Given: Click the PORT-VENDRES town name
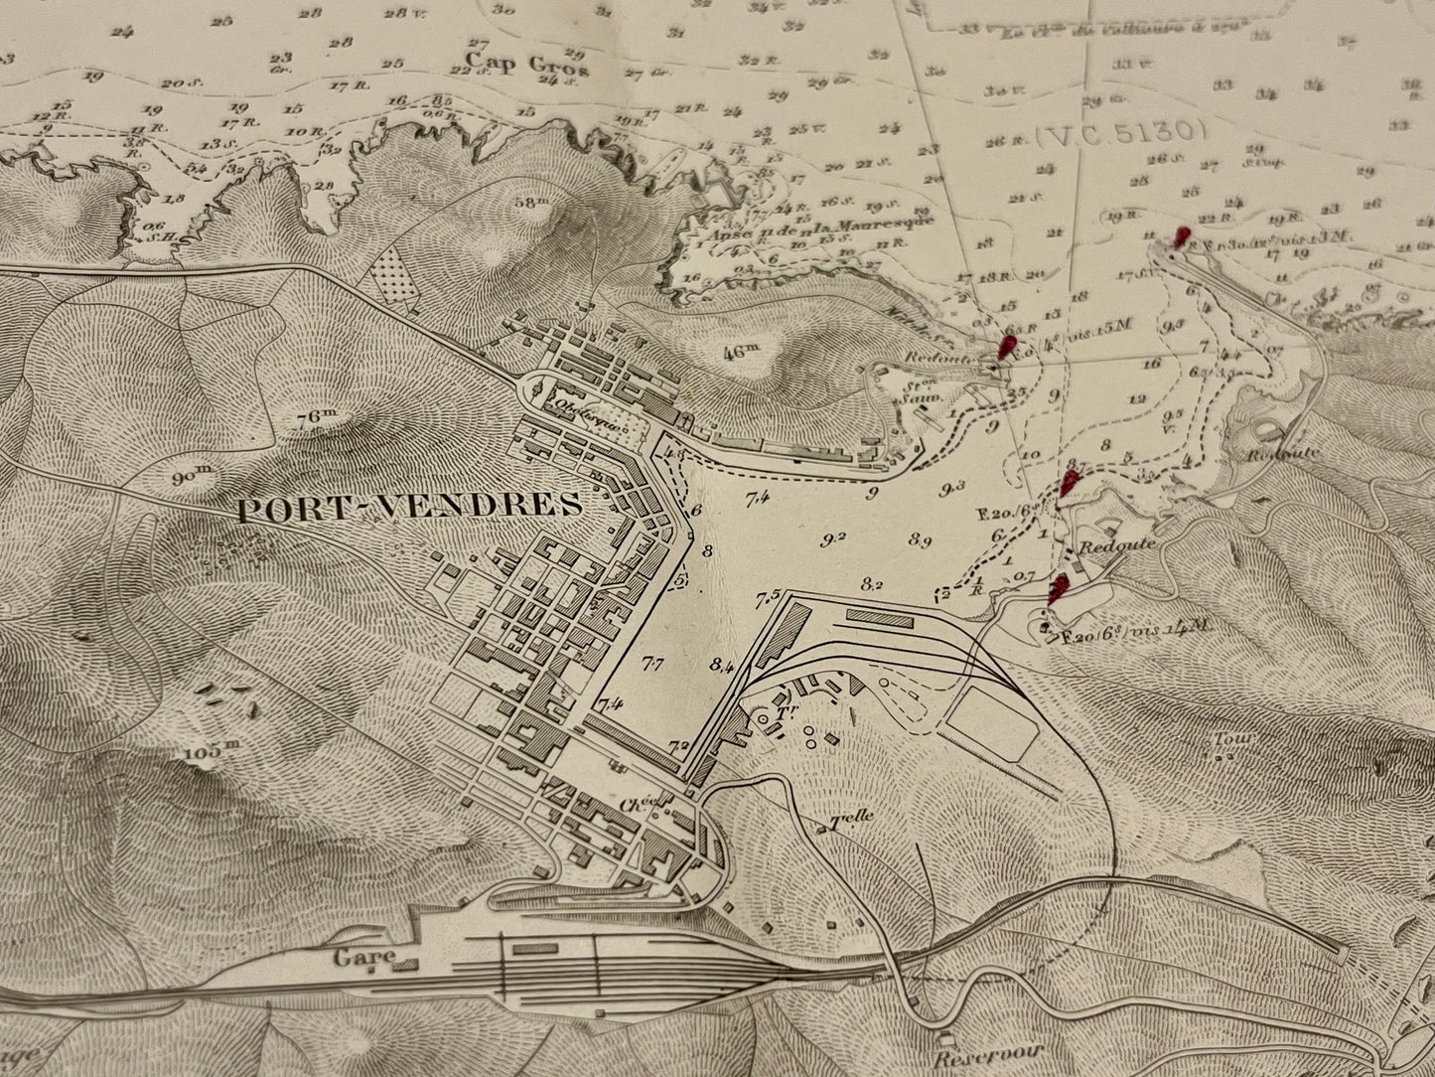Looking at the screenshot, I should click(x=409, y=506).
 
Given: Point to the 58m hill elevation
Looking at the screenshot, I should click(x=532, y=202).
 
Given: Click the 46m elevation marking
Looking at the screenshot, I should click(x=740, y=350).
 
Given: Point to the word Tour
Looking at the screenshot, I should click(x=1227, y=740).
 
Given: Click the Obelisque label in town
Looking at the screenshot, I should click(x=590, y=419).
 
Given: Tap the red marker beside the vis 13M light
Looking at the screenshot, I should click(x=1180, y=236).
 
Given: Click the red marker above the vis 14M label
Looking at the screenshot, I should click(x=1059, y=587).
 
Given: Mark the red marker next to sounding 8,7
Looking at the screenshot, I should click(x=1070, y=484).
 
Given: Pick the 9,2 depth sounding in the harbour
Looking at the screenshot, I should click(x=833, y=539).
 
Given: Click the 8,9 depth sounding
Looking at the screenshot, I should click(x=920, y=540).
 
